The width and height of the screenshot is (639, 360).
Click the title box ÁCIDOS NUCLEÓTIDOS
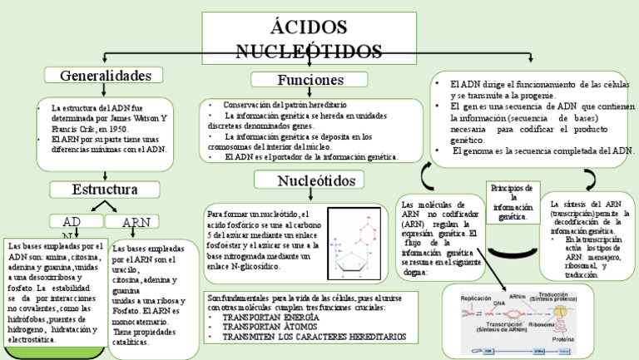tap(319, 37)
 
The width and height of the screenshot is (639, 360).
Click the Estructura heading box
tap(104, 189)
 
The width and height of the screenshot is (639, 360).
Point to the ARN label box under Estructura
tap(136, 223)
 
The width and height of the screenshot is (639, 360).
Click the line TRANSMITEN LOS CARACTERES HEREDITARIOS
tap(309, 338)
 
